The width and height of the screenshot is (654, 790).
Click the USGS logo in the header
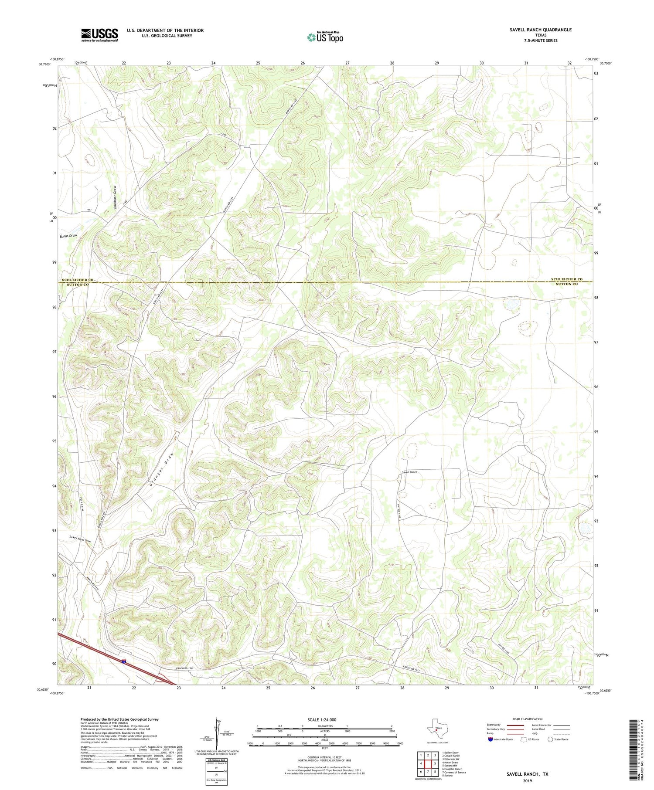click(99, 35)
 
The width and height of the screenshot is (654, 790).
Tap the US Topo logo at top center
click(325, 37)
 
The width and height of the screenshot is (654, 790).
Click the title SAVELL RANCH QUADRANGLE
click(540, 30)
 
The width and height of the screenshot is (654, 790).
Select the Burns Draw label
click(68, 236)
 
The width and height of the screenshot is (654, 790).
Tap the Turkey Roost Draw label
click(80, 539)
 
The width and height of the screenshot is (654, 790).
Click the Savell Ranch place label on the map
click(409, 472)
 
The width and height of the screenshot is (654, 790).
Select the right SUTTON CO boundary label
click(566, 284)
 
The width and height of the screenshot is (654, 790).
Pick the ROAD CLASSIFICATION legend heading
click(527, 719)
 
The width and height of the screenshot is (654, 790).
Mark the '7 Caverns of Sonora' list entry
click(454, 772)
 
